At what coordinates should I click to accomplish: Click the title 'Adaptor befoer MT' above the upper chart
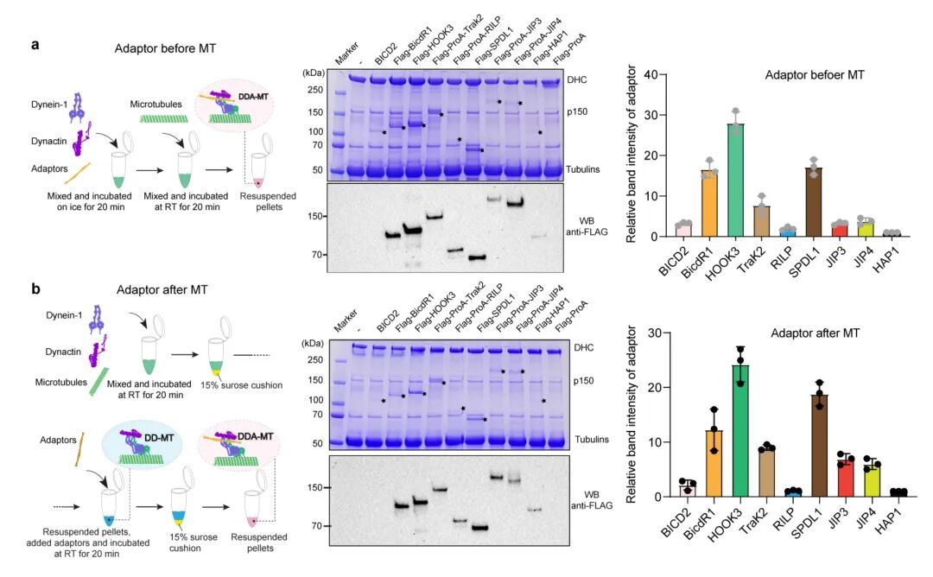pyautogui.click(x=815, y=75)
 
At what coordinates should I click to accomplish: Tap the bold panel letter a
pyautogui.click(x=35, y=45)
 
